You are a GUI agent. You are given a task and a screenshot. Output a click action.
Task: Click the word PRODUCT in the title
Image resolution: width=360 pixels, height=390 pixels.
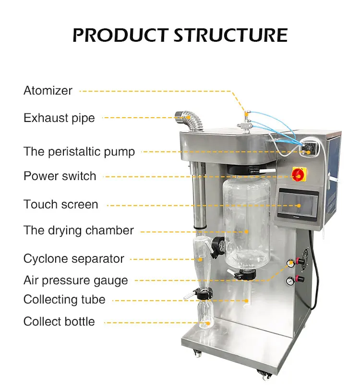point(120,35)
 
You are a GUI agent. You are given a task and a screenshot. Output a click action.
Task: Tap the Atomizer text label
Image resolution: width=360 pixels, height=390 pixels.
point(48,91)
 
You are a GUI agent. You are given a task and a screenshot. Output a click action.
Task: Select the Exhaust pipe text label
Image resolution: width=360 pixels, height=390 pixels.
point(59,118)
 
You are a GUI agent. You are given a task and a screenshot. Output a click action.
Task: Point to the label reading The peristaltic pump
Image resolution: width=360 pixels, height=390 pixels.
point(79,152)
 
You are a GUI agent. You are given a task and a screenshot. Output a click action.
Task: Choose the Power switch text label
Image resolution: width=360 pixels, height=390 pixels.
point(60,176)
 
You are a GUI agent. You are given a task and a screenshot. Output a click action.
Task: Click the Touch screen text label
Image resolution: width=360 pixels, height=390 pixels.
point(61,205)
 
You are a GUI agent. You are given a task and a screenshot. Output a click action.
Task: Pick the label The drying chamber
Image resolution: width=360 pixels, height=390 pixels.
point(79,231)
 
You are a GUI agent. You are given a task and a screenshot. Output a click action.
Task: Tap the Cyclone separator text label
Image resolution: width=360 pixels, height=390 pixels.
point(74,259)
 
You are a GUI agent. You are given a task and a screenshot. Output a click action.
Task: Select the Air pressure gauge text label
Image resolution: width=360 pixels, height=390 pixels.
point(76,280)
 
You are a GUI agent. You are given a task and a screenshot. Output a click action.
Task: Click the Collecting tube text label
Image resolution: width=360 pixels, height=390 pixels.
point(64,300)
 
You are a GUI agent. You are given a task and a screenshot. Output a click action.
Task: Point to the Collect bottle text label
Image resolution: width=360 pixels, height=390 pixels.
point(59,322)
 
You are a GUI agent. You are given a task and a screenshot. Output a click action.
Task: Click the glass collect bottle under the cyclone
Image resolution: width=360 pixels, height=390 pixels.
point(204,315)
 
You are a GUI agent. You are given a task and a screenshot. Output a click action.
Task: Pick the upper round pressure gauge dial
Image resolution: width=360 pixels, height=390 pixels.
point(290,263)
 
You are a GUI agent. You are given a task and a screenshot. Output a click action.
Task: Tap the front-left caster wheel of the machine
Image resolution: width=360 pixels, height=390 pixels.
point(197,353)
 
